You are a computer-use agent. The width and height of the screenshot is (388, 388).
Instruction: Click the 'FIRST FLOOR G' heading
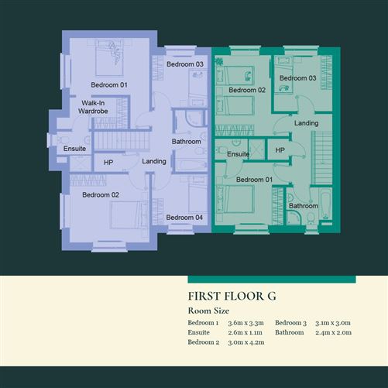(232, 296)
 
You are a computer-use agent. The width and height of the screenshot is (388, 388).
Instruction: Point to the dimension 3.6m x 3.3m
(246, 322)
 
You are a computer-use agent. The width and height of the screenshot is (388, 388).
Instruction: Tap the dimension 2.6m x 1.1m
(246, 331)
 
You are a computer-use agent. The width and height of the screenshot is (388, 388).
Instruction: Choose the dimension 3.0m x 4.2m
(246, 342)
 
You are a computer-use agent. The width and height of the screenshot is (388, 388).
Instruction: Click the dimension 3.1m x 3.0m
(334, 322)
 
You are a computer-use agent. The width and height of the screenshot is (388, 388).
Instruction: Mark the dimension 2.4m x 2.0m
(335, 331)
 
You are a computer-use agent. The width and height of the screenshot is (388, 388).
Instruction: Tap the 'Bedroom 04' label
(185, 217)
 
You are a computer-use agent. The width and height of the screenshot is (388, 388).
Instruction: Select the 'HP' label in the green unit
(280, 149)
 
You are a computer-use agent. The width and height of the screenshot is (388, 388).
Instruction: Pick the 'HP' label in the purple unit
(108, 163)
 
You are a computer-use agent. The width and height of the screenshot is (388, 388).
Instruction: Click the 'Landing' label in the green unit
(306, 123)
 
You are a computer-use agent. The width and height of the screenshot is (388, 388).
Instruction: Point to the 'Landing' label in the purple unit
(154, 160)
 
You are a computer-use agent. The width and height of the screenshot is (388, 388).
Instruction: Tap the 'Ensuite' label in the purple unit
(75, 148)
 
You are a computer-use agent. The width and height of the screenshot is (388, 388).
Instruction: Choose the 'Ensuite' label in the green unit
(239, 155)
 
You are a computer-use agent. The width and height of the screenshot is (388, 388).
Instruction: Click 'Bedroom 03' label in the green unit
(297, 78)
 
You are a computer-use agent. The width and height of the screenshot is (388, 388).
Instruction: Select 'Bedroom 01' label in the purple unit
(108, 84)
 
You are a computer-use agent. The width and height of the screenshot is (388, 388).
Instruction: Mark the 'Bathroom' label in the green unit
(303, 206)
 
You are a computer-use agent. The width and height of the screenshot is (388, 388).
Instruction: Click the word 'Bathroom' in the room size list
(290, 331)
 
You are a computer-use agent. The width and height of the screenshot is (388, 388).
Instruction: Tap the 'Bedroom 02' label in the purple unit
(101, 194)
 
